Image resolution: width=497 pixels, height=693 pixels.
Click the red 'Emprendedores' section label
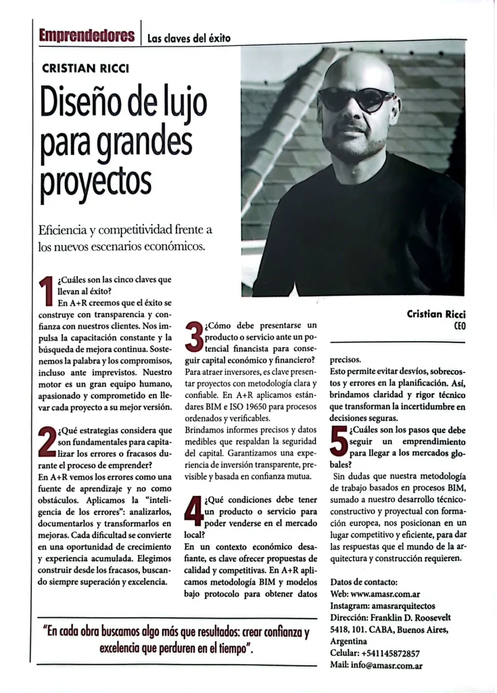[87, 35]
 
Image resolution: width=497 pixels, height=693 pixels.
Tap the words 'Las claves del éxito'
[189, 39]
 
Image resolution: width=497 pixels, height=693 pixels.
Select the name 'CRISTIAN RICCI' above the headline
[85, 68]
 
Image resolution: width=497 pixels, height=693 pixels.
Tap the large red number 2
[47, 443]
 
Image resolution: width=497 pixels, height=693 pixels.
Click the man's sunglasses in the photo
[356, 99]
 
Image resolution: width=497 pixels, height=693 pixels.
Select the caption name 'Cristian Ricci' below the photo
[436, 313]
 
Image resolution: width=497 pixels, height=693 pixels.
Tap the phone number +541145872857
[391, 653]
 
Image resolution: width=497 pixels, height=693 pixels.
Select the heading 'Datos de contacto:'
[364, 582]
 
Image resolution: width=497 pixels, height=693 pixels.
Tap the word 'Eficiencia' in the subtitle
[66, 231]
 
